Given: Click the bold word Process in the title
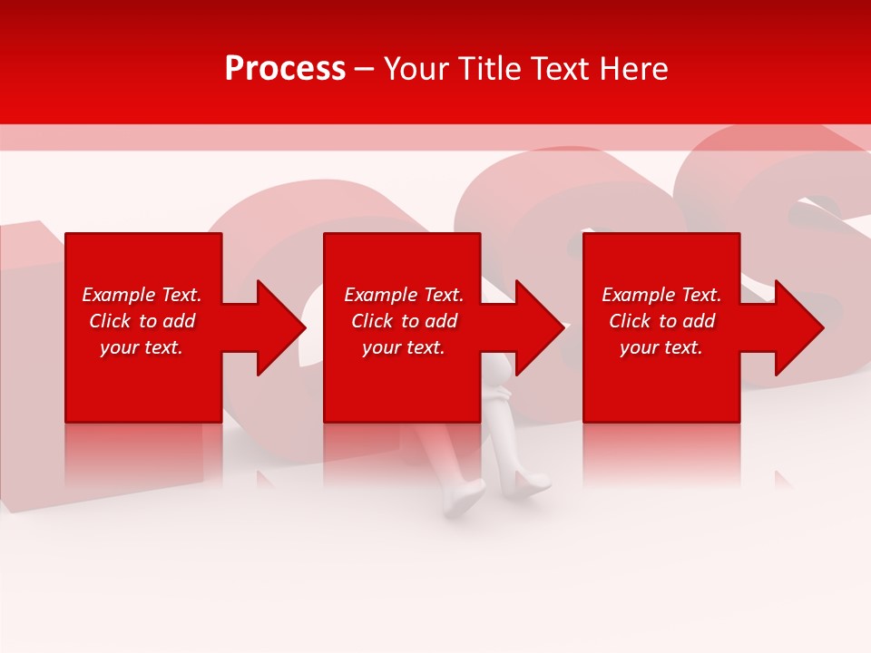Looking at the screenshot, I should [285, 69].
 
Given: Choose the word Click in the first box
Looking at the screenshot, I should [110, 321].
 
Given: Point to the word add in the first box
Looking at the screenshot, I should [179, 321].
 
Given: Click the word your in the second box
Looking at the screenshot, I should [380, 347].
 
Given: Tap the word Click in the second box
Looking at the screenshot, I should [372, 321].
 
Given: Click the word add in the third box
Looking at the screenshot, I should [699, 321].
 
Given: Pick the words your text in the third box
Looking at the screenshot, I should [661, 347].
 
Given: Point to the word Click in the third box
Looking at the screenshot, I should [630, 321].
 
